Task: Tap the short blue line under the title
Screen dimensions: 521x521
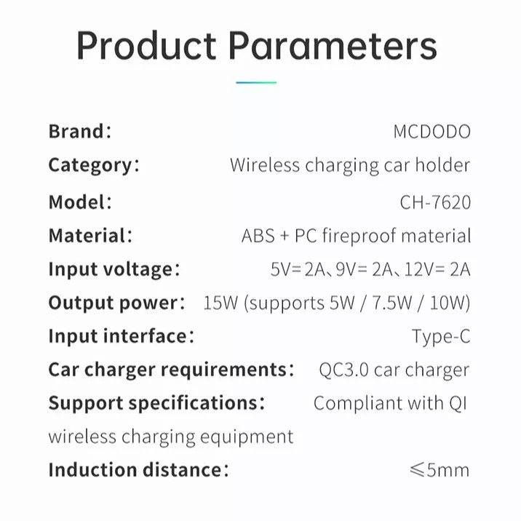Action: click(x=256, y=83)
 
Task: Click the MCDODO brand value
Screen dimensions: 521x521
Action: click(x=431, y=132)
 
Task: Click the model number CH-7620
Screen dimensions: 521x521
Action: click(x=435, y=202)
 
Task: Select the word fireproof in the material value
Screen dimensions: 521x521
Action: click(x=356, y=236)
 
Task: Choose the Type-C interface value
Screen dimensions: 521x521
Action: click(x=441, y=336)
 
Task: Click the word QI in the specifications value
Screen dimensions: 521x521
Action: click(x=458, y=402)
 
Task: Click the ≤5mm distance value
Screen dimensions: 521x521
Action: click(x=440, y=469)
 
